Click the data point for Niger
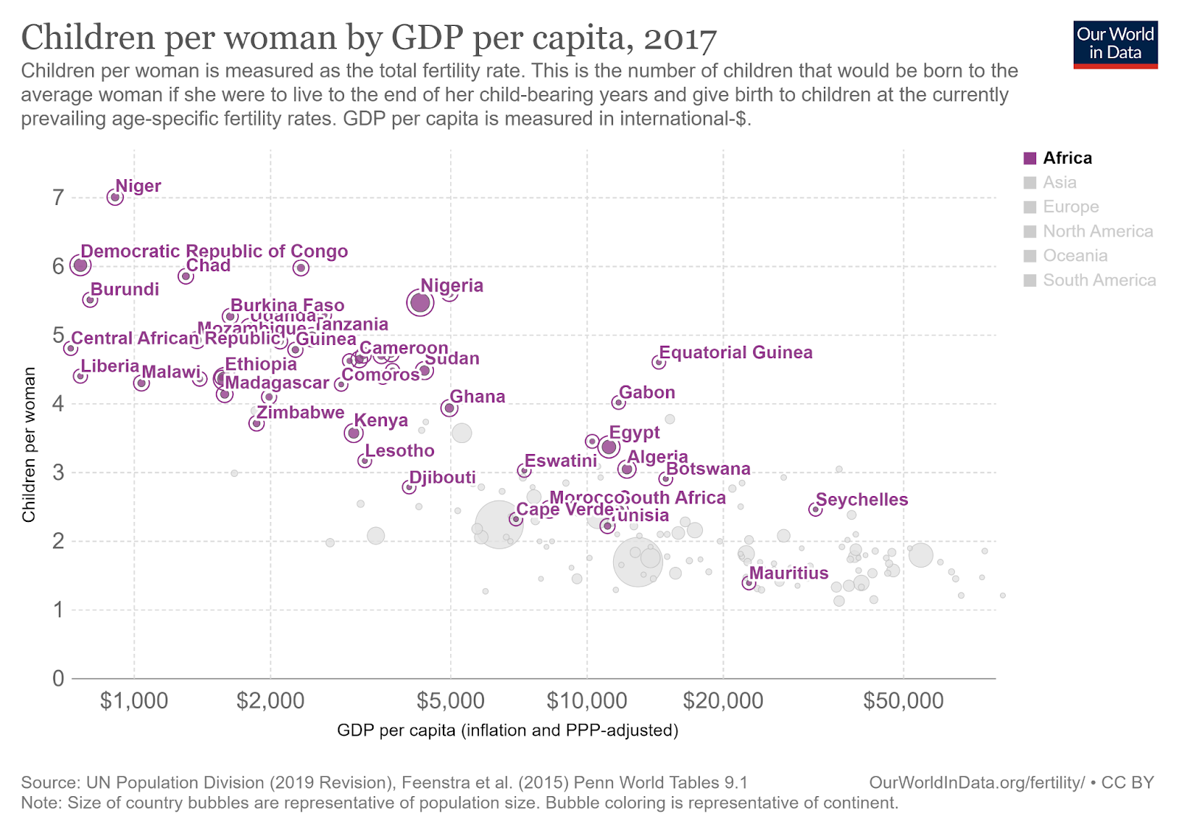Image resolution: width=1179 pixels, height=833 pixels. click(115, 197)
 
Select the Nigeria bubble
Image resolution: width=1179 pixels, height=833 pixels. click(420, 302)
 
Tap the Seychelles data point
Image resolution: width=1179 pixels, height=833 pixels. click(815, 509)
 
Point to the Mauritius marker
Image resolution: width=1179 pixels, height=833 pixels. click(749, 583)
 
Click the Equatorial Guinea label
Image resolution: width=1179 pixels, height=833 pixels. click(735, 352)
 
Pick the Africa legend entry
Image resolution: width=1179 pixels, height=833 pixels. click(1067, 158)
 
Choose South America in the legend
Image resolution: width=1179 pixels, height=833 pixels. click(1099, 280)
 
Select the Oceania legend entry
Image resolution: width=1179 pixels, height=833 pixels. click(1074, 256)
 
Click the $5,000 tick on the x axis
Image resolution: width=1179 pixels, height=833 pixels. click(450, 700)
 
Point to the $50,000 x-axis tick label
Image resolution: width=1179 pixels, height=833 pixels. click(903, 700)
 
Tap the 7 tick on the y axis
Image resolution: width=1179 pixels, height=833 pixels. click(57, 198)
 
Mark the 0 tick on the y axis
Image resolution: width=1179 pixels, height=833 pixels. click(57, 678)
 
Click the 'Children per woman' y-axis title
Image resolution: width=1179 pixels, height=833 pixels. click(29, 445)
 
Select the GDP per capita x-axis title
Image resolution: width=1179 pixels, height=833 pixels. click(507, 731)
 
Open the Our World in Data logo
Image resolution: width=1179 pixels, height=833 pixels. click(1115, 44)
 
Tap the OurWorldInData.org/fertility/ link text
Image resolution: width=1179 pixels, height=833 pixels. click(976, 783)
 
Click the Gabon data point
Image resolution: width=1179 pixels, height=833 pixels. click(618, 402)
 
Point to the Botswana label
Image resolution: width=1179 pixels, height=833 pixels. click(708, 469)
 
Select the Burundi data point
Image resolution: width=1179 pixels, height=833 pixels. click(90, 300)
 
